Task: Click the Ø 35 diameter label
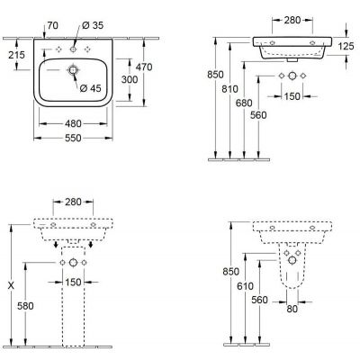(93, 25)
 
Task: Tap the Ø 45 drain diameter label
(91, 88)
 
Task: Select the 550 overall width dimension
(73, 138)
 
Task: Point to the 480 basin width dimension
(73, 123)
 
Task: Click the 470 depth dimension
(144, 67)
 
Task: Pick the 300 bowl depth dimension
(130, 79)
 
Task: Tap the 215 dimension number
(16, 55)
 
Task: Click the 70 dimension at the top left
(52, 25)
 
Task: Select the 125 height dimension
(346, 46)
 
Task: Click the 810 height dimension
(229, 89)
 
